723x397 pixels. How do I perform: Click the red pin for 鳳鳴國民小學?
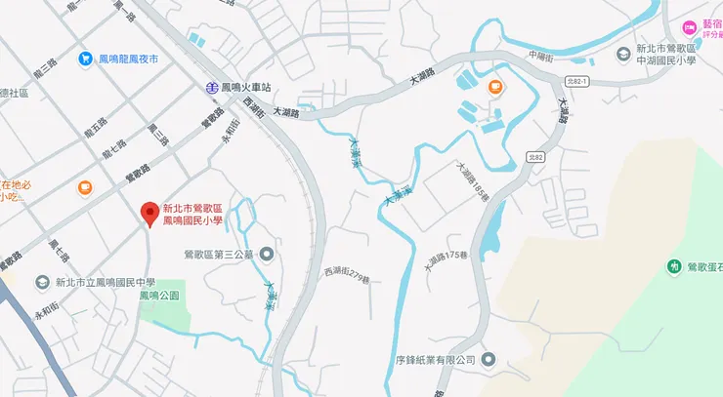pos(149,212)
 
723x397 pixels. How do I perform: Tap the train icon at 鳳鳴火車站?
pos(211,87)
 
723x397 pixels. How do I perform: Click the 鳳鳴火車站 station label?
pos(246,87)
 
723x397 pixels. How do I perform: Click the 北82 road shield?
pos(533,155)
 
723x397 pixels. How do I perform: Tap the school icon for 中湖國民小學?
pos(623,54)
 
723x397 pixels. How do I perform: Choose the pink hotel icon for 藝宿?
pos(690,26)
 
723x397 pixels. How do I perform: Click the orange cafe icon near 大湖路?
pos(494,87)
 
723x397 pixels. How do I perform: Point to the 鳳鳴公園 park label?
pos(159,295)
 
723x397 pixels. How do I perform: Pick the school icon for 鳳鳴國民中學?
pos(42,282)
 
